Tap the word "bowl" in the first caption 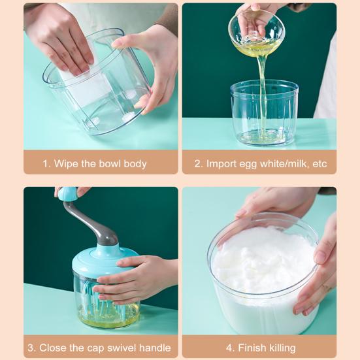click(x=110, y=164)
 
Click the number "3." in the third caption click(x=32, y=348)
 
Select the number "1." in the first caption click(x=46, y=164)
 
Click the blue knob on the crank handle click(x=67, y=193)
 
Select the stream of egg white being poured click(x=263, y=92)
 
